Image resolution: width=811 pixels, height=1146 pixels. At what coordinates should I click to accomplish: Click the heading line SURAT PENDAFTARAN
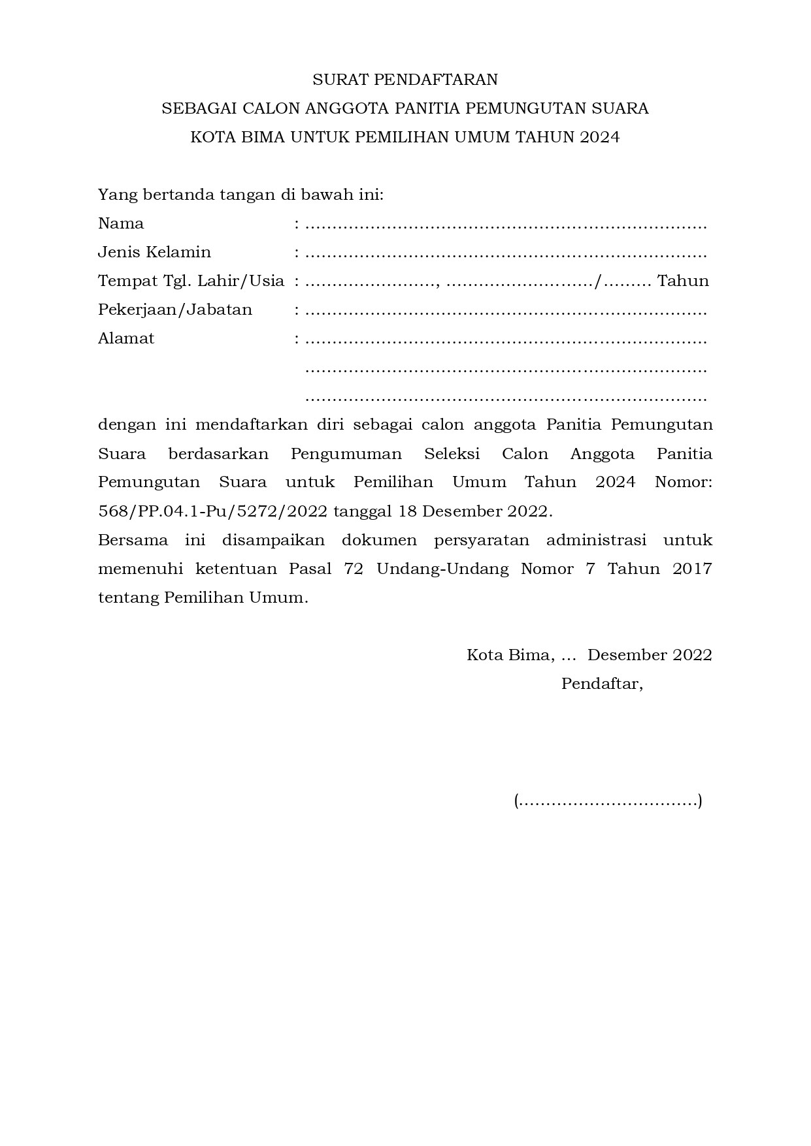(405, 80)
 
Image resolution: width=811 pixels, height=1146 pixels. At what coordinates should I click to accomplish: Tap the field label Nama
(121, 223)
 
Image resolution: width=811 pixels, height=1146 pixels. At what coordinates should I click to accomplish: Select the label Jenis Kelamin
(154, 252)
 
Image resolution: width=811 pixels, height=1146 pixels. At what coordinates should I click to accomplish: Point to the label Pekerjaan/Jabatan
(175, 310)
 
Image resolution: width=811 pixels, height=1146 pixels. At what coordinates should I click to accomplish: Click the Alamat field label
(126, 338)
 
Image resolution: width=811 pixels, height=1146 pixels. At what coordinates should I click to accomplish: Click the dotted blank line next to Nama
(506, 227)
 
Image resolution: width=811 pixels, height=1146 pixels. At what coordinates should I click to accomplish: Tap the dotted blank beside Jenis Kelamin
(506, 255)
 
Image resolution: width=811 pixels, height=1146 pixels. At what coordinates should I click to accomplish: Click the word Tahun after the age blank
(683, 281)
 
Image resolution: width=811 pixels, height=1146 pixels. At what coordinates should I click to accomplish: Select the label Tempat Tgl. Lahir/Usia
(191, 281)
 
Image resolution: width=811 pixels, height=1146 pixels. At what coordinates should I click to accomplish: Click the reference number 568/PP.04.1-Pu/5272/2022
(212, 511)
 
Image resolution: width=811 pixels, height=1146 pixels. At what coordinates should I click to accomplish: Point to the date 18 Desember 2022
(474, 511)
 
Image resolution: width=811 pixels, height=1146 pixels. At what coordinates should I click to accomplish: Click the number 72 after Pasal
(353, 569)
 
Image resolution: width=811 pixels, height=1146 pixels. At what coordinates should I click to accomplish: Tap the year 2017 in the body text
(692, 569)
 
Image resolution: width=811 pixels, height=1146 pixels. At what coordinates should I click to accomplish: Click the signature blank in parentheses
(608, 801)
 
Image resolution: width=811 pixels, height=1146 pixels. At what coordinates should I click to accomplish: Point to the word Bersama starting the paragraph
(133, 540)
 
